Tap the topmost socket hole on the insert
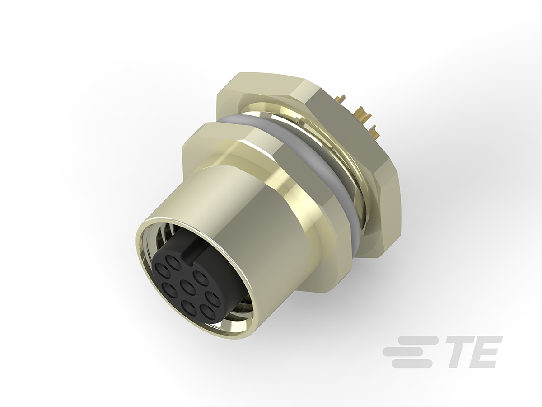(172, 261)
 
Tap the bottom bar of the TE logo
(411, 364)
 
